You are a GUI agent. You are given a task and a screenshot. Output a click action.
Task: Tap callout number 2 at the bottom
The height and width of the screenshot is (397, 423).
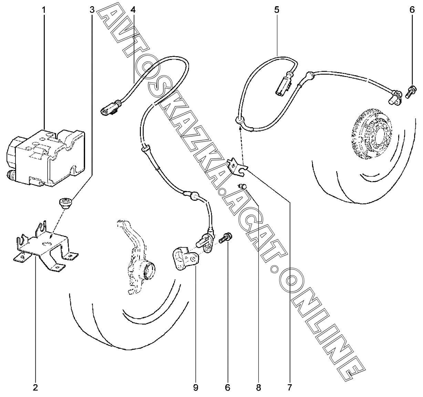tap(35, 388)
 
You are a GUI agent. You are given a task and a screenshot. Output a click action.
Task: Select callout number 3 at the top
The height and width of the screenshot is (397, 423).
tap(92, 10)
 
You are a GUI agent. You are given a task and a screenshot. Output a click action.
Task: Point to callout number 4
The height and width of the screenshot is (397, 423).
tap(133, 10)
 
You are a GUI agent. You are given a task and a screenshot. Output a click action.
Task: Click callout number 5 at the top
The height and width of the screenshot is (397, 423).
tap(277, 10)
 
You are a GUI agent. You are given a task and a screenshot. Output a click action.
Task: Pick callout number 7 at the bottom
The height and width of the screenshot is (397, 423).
tap(289, 388)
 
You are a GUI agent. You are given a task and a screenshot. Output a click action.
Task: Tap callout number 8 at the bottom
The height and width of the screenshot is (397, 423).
tap(258, 388)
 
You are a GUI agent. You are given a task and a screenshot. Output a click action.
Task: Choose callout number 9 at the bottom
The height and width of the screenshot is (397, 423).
tap(196, 388)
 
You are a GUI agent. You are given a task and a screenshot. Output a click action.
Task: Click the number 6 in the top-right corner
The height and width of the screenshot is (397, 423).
tap(412, 10)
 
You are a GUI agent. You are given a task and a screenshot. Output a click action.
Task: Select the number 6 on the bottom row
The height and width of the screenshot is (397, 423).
tap(227, 388)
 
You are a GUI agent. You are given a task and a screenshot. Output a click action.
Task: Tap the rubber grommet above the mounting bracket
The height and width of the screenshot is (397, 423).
tap(66, 203)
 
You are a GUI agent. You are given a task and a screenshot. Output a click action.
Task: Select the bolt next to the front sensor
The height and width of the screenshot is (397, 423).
tap(226, 238)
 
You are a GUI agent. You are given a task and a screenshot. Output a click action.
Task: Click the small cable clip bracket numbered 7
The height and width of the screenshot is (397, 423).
tap(237, 166)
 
